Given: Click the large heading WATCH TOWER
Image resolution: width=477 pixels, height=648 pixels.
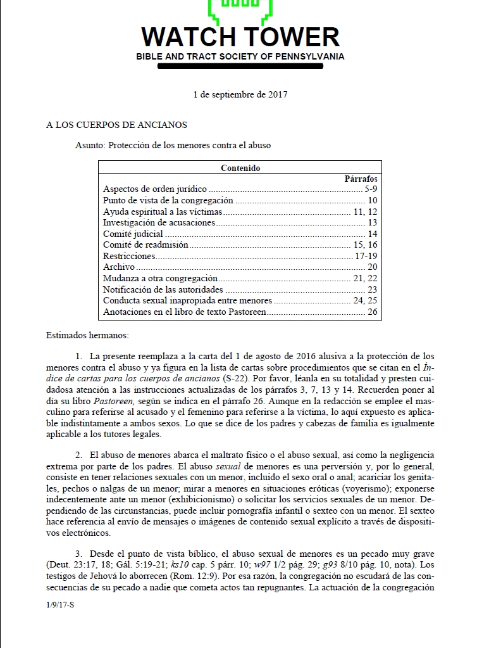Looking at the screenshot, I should (240, 37).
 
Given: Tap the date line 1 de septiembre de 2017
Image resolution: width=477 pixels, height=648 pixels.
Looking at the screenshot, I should (240, 94).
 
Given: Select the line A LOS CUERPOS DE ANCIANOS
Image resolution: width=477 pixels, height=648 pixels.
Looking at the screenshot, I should (116, 125).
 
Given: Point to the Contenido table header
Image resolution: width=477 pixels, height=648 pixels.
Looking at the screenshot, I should (240, 168).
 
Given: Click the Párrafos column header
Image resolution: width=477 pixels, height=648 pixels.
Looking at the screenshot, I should (361, 179).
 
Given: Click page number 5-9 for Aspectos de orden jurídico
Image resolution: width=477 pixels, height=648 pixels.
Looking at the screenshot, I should (371, 189).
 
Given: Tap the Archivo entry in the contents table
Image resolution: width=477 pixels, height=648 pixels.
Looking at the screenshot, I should (118, 267).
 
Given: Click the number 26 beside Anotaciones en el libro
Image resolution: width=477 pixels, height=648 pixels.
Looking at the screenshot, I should (372, 312).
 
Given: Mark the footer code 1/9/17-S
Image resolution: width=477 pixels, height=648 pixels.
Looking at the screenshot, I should (61, 605).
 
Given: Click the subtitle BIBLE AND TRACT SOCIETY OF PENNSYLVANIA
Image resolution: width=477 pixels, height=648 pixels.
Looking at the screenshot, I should (240, 57).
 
